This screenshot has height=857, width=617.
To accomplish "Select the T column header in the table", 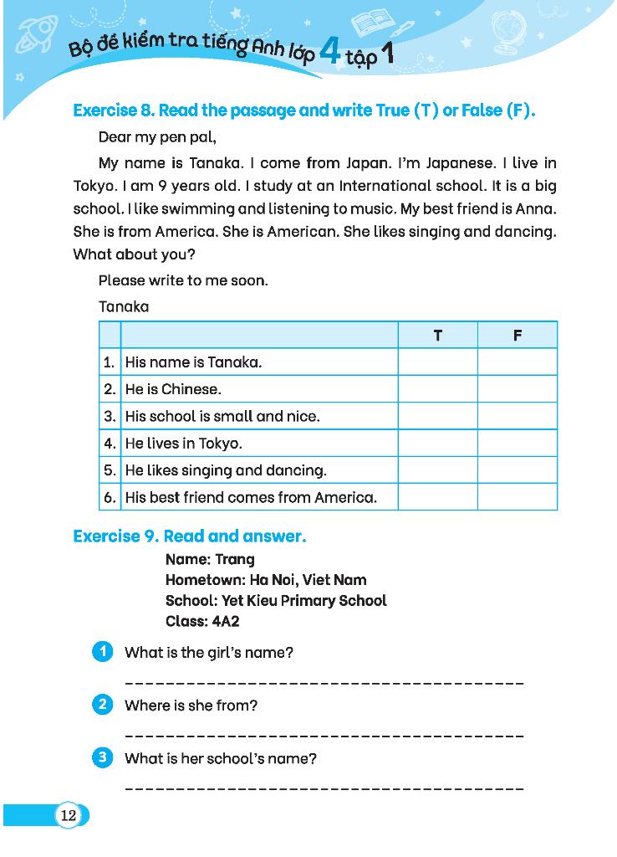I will click(x=437, y=336).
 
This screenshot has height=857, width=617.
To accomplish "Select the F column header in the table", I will click(x=517, y=336).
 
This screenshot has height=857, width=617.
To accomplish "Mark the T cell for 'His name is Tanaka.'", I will click(x=437, y=362).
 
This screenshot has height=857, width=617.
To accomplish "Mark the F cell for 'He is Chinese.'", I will click(x=517, y=389).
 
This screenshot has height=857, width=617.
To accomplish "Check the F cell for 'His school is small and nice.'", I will click(x=517, y=416).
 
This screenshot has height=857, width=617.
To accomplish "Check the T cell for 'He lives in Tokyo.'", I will click(x=437, y=444).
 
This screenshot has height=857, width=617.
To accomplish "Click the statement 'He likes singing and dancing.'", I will click(x=226, y=470).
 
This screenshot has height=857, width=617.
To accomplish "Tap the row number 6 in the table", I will click(x=110, y=497).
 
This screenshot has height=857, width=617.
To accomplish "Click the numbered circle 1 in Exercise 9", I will click(x=102, y=652).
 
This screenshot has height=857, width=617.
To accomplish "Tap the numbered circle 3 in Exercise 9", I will click(x=102, y=758).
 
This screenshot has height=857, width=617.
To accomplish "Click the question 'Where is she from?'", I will click(x=191, y=706).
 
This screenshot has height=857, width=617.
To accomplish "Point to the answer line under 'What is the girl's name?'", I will click(x=324, y=683).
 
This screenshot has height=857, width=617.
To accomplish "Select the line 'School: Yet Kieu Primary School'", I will click(x=276, y=600).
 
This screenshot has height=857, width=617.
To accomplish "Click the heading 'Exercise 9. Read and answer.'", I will click(x=190, y=536).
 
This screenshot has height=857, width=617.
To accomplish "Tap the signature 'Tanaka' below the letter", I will click(x=124, y=307).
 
